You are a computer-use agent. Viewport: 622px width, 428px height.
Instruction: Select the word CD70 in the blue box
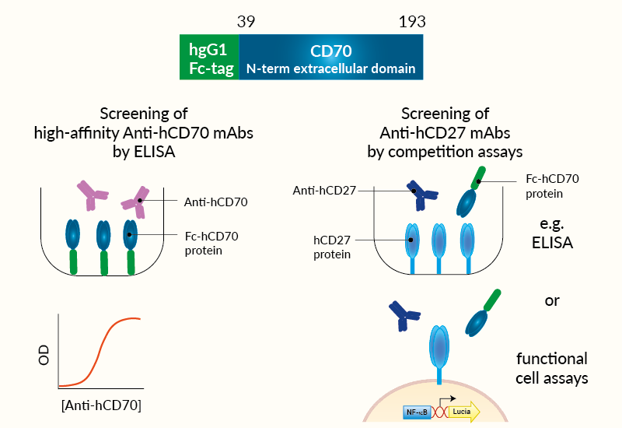331,52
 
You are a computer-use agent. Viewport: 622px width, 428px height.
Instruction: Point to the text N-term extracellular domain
330,69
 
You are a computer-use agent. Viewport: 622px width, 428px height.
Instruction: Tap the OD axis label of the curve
44,356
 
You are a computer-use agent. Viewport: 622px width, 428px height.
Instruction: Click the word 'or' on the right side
552,300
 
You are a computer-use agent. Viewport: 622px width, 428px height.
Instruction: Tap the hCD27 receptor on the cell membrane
440,346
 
